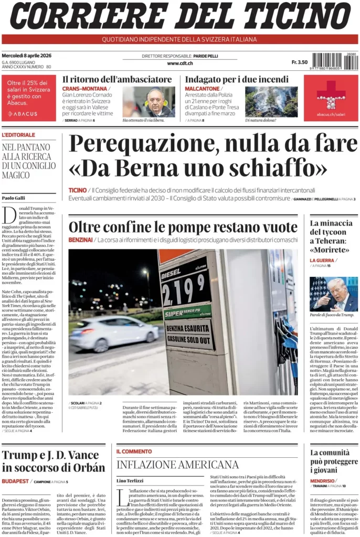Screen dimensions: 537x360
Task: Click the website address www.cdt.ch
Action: tap(180, 63)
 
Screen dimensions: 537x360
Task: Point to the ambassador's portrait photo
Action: tap(149, 101)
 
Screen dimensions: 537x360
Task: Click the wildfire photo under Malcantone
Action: tap(271, 101)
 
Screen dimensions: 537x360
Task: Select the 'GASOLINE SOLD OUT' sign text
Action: tap(188, 339)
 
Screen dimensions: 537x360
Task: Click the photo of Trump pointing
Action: tap(333, 294)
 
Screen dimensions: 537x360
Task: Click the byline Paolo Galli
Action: tap(13, 198)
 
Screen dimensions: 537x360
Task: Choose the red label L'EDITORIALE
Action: tap(19, 135)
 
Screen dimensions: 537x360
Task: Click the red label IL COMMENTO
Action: tap(134, 451)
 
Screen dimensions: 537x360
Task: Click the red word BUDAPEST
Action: tap(15, 481)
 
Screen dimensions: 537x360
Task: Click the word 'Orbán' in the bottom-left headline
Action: tap(86, 468)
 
